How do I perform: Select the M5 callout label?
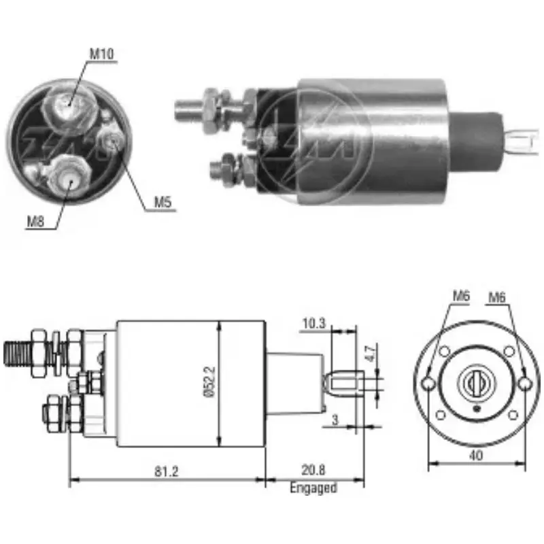(161, 201)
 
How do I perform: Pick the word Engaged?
(313, 488)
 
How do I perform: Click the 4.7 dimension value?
(369, 354)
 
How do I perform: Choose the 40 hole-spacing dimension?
(476, 456)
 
